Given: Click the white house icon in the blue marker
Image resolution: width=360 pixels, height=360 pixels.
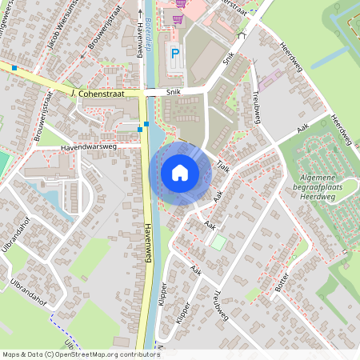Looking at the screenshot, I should (x=179, y=172).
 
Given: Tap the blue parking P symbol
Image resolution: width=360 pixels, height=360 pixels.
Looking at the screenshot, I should (x=174, y=54).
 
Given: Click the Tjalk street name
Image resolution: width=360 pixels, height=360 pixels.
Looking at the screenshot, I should (x=223, y=165).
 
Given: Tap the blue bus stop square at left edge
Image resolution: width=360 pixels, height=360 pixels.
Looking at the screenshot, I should (x=14, y=68).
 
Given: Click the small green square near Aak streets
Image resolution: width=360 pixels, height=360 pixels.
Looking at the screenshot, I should (x=218, y=241).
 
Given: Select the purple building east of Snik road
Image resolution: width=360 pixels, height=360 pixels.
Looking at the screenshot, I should (x=268, y=80).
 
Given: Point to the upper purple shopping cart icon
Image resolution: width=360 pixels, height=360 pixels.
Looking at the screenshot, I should (x=181, y=3).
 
